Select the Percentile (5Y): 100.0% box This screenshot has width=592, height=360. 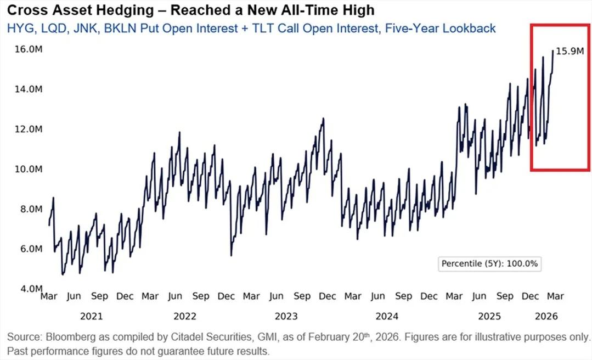coord(490,263)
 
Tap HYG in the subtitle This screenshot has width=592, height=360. coord(19,28)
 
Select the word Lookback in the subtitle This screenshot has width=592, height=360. coord(470,28)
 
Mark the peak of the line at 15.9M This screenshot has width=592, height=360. coord(552,51)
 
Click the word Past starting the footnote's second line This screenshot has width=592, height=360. coord(16,350)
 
